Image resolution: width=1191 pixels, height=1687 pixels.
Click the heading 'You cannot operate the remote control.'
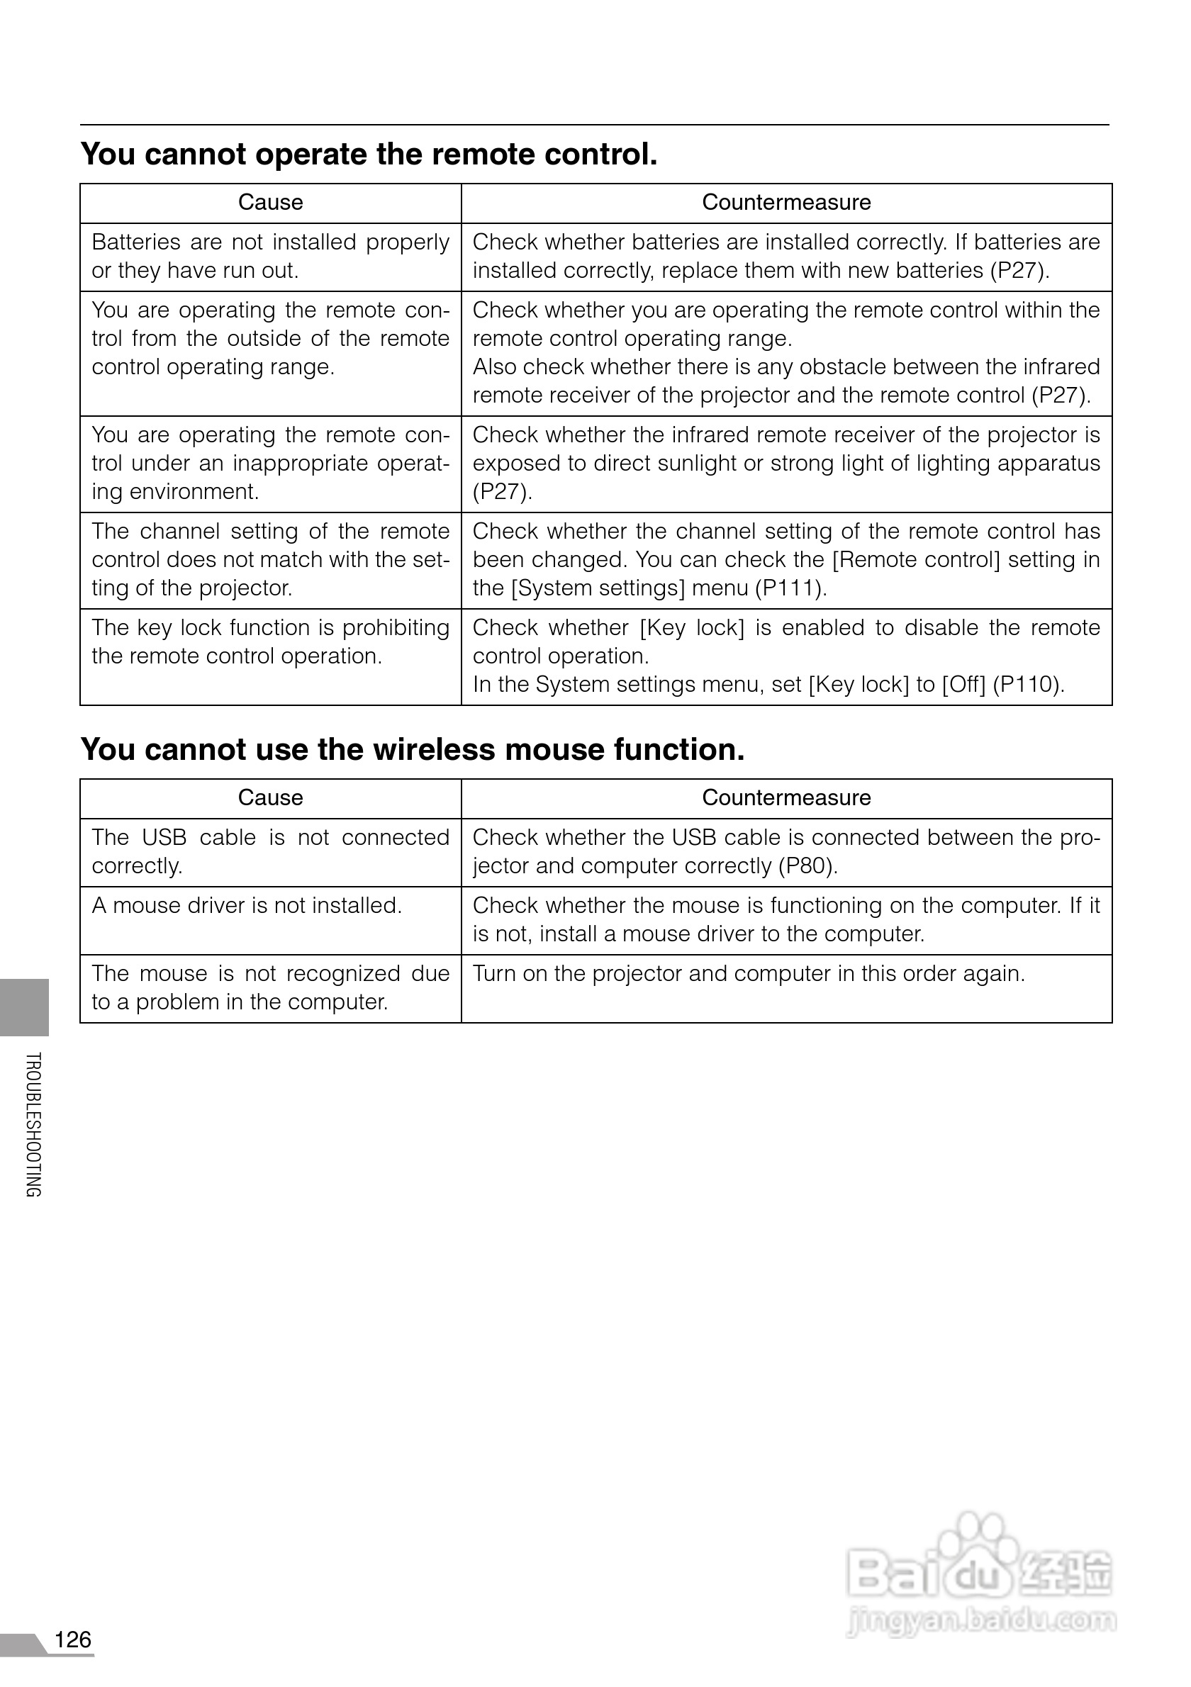[x=369, y=155]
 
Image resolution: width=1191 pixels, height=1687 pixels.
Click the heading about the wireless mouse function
[x=412, y=749]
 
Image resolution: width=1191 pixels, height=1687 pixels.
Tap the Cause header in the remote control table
[x=270, y=203]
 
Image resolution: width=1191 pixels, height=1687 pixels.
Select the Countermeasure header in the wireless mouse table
[x=786, y=798]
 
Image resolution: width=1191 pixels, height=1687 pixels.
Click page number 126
[x=73, y=1640]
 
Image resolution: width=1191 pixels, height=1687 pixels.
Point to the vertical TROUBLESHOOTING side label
[x=33, y=1124]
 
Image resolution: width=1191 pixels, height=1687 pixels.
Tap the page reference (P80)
[x=807, y=866]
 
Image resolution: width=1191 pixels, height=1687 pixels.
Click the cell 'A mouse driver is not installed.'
[x=247, y=906]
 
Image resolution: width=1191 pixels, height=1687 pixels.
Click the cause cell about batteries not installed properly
[x=270, y=257]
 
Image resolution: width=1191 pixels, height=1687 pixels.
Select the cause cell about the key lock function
[x=270, y=641]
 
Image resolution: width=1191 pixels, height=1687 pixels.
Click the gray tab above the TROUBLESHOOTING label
[x=24, y=1007]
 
